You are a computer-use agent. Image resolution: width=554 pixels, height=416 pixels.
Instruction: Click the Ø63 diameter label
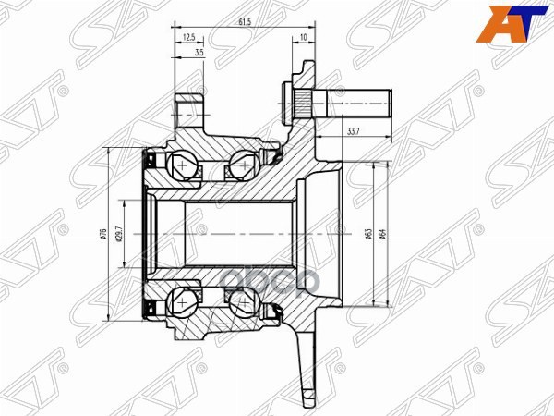pyautogui.click(x=367, y=234)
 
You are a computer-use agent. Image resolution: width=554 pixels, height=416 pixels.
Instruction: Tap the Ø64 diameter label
pyautogui.click(x=382, y=234)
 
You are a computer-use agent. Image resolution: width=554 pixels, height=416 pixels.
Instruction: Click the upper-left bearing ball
pyautogui.click(x=184, y=165)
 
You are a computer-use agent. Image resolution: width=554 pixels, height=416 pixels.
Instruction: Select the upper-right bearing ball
pyautogui.click(x=240, y=165)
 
